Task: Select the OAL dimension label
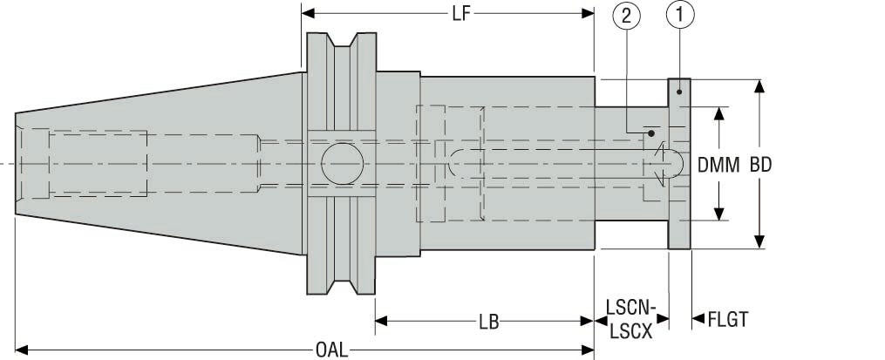pos(330,350)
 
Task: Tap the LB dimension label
pos(488,322)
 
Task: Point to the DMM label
pos(718,164)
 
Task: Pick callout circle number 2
pos(630,15)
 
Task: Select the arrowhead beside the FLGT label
pos(698,321)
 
